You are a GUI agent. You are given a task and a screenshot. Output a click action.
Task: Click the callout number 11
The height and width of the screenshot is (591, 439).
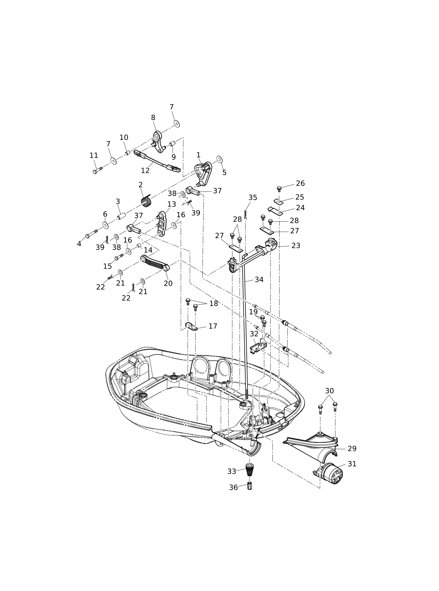coord(94,156)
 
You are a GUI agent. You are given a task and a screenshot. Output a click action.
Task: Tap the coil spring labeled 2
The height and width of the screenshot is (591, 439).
coord(146,201)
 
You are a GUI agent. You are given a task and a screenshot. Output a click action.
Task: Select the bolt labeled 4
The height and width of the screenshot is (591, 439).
coord(91,234)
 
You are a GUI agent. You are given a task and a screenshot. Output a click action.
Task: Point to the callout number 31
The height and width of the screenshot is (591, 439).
coord(352,464)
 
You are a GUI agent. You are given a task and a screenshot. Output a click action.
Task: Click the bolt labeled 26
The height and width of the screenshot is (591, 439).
coord(279,189)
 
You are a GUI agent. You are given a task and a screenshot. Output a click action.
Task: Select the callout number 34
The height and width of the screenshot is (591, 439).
coord(259,280)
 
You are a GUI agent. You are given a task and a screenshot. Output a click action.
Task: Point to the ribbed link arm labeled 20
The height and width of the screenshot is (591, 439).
coord(155,263)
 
